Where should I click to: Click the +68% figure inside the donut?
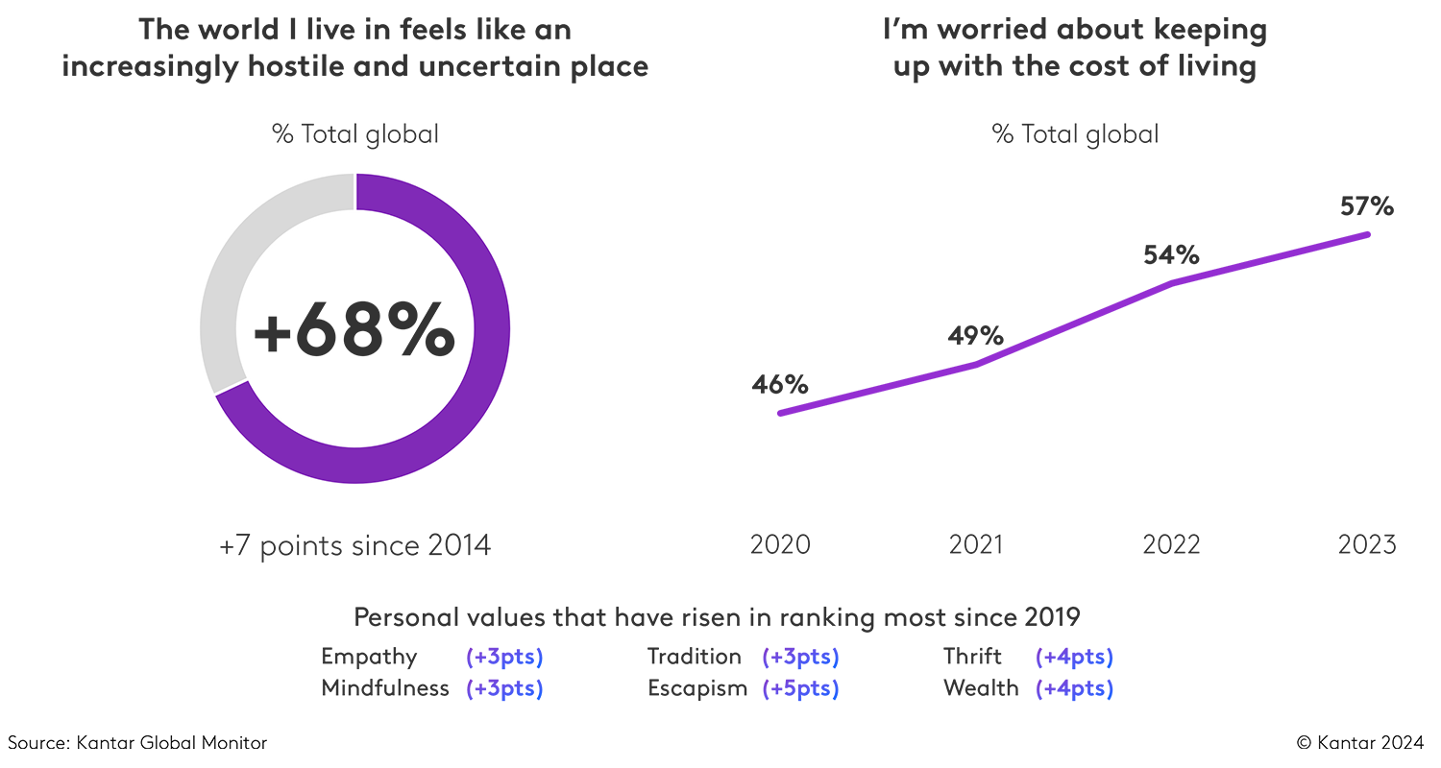pos(354,329)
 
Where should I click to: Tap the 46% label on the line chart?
pos(780,385)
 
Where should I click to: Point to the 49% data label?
pos(976,336)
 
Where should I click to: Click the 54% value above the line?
pos(1171,255)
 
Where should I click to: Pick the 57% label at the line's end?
pos(1366,207)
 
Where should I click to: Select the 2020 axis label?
pos(780,544)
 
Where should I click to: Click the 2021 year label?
pos(976,544)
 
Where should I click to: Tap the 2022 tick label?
pos(1171,544)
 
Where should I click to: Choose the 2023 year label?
pos(1366,544)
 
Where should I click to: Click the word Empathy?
pos(370,658)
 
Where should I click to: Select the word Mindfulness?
pos(385,688)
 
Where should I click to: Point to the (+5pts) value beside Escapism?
pos(800,688)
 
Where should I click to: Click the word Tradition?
pos(695,657)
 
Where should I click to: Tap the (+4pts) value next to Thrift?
pos(1074,658)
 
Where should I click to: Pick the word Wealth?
pos(981,688)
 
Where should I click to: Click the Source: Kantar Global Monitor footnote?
pos(137,742)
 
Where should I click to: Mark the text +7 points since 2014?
pos(354,545)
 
